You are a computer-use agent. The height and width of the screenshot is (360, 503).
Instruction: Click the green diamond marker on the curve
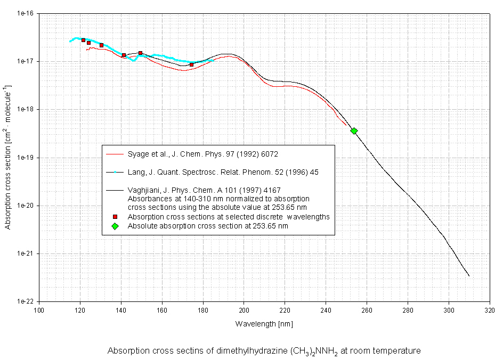[354, 131]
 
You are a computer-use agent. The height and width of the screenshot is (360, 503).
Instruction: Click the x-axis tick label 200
[244, 311]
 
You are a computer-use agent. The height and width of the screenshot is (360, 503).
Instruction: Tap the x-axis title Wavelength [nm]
[264, 324]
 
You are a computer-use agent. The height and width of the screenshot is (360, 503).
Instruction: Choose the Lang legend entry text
[223, 173]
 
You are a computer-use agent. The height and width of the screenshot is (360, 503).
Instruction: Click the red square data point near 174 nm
[191, 65]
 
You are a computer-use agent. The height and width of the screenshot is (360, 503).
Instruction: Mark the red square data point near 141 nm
[124, 55]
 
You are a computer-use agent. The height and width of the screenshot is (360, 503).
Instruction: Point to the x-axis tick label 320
[489, 311]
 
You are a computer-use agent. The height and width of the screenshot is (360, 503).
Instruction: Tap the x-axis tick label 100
[39, 311]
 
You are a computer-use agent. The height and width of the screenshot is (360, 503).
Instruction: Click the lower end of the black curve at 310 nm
[469, 276]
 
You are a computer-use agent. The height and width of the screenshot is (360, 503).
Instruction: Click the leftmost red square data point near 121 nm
[84, 40]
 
